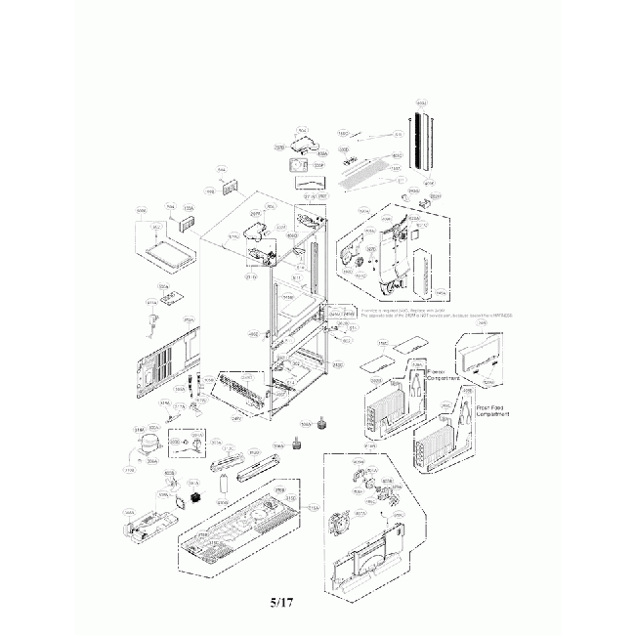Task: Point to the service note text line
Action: pyautogui.click(x=430, y=315)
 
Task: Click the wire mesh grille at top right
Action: pyautogui.click(x=368, y=178)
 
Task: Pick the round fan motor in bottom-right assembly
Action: pyautogui.click(x=343, y=524)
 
